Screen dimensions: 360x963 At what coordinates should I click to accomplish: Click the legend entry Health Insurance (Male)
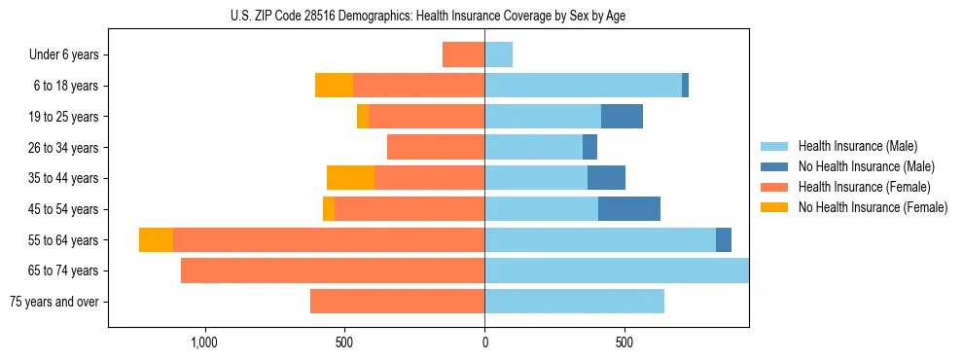click(855, 146)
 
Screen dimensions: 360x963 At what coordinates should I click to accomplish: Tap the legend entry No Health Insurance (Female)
click(873, 207)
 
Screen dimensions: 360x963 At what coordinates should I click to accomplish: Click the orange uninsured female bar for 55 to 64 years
click(156, 239)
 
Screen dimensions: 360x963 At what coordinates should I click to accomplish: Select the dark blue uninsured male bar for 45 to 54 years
click(629, 209)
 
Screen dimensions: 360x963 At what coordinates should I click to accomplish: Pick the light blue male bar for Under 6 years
click(499, 54)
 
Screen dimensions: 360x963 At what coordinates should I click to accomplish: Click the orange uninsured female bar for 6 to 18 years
click(334, 86)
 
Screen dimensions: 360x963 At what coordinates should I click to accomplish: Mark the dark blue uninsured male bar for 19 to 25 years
click(622, 117)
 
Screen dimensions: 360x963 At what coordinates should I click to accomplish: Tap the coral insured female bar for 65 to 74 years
click(333, 270)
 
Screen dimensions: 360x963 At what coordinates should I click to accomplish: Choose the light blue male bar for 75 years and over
click(574, 302)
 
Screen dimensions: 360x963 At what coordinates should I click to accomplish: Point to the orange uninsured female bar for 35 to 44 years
click(350, 178)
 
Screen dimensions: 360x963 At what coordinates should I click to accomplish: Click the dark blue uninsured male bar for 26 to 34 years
click(589, 147)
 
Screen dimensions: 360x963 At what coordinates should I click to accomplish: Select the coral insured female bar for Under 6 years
click(463, 54)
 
